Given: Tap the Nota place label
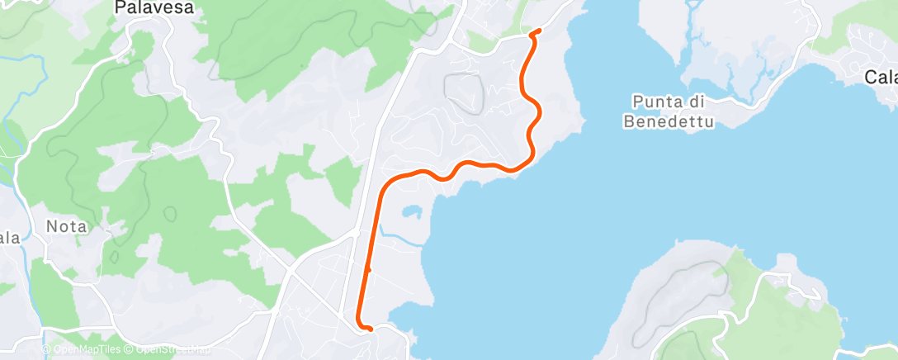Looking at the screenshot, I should [x=66, y=225].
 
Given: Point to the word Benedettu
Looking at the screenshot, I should [x=669, y=121].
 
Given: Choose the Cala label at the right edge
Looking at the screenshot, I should [x=881, y=78].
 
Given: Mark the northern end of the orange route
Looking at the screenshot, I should [x=538, y=31].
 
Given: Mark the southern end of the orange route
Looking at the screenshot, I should [x=370, y=329].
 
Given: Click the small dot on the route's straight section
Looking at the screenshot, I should [x=368, y=269].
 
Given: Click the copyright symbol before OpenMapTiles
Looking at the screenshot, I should [x=46, y=350].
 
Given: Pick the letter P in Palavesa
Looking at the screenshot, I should [x=120, y=8].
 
